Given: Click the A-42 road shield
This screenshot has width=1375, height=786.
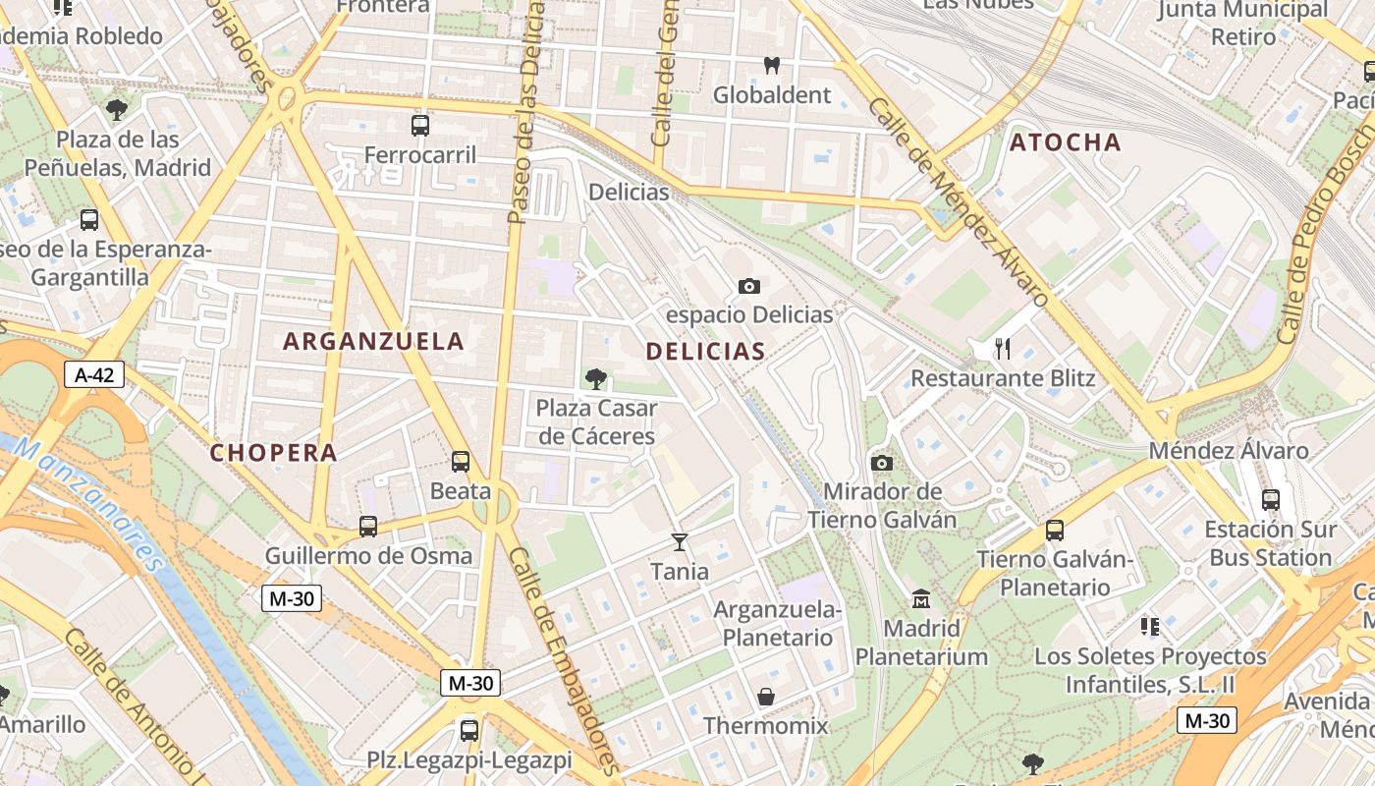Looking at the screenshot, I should point(94,373).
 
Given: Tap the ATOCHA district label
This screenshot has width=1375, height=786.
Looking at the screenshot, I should point(1066,142).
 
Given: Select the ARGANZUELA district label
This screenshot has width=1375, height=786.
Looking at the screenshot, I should point(373,341).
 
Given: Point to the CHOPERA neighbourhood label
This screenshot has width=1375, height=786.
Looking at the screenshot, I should point(274,453).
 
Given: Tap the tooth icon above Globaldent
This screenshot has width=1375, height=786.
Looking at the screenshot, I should point(771,66).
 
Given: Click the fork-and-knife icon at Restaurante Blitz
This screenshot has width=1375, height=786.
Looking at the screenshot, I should point(1003,348).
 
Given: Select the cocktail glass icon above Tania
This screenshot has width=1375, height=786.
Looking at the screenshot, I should point(679,541).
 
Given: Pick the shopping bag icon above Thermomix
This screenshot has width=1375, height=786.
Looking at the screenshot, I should point(766,697).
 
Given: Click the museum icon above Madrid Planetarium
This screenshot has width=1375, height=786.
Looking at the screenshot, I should point(921,597).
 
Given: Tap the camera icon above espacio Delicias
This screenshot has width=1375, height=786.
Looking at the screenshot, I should point(749,286).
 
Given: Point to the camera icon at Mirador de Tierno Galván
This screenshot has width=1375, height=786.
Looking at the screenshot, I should point(882,463).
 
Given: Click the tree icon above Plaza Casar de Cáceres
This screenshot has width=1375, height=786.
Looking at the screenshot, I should point(595,378).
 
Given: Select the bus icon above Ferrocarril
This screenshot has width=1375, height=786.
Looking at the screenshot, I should point(420,125).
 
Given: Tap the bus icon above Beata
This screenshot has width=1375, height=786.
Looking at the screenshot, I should point(461,461).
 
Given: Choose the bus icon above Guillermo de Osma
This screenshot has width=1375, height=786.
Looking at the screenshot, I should point(368,527).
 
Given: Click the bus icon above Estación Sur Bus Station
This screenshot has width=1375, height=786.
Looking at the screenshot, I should point(1271,499).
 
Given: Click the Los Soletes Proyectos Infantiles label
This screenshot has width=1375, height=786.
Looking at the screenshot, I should point(1150,669).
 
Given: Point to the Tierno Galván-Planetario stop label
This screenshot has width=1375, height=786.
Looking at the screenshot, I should point(1055,573).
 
